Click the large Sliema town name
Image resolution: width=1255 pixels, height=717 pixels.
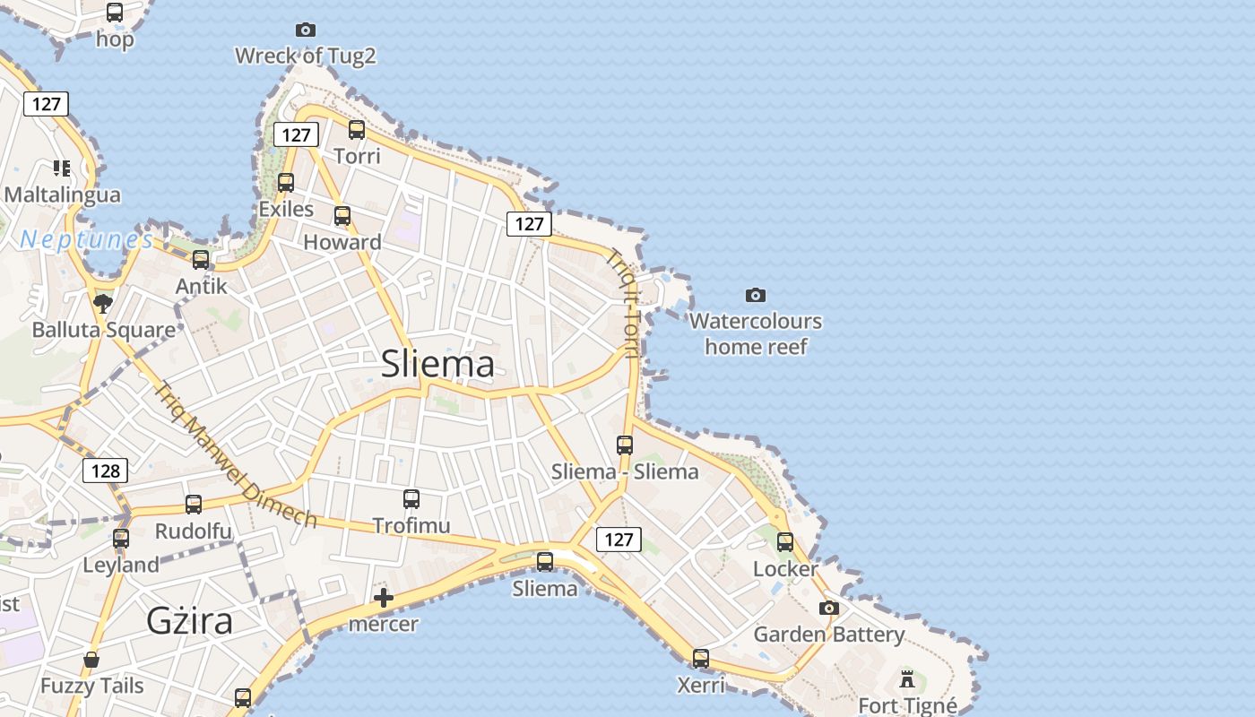(437, 364)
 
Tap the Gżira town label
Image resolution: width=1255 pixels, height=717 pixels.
(189, 620)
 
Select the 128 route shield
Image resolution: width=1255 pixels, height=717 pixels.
(105, 471)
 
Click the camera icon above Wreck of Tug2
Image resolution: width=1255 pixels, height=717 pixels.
(306, 30)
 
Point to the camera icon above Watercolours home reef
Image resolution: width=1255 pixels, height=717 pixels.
(756, 295)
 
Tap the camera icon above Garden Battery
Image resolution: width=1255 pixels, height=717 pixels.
(829, 608)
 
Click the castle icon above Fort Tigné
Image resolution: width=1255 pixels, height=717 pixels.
(907, 678)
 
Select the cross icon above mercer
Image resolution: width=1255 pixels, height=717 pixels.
(384, 597)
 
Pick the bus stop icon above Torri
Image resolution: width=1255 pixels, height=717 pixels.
(357, 130)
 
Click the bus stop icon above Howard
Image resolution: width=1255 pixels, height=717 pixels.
(342, 216)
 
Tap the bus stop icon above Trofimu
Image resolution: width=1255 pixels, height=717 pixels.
(411, 499)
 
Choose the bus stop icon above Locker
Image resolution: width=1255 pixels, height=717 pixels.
(785, 542)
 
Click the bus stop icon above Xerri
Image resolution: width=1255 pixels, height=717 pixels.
(701, 659)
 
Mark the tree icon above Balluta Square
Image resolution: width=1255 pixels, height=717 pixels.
(103, 303)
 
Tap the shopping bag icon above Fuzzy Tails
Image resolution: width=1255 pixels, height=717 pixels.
(91, 660)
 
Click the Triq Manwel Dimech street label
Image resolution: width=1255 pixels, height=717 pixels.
(235, 455)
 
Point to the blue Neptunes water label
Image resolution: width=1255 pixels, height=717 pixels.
(87, 239)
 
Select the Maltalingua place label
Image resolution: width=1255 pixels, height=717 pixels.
(62, 194)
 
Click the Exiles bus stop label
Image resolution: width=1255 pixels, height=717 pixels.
(286, 209)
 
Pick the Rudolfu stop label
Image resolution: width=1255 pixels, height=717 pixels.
(193, 531)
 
